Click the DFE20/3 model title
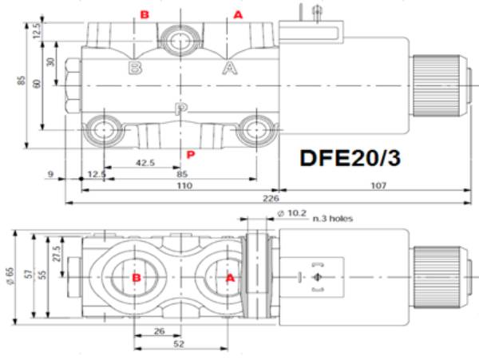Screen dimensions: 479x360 (x=350, y=158)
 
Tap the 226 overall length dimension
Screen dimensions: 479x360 (x=271, y=199)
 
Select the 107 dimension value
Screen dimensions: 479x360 (x=378, y=185)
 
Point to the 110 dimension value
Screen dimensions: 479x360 (x=184, y=185)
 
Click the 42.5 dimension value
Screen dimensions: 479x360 (x=145, y=163)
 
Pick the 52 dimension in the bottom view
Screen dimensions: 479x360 (x=179, y=344)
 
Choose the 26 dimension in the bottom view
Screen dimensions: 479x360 (x=159, y=331)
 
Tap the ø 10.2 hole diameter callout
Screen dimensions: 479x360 (x=291, y=213)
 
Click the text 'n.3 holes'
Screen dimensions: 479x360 (x=332, y=219)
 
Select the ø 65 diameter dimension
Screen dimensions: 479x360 (x=10, y=275)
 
